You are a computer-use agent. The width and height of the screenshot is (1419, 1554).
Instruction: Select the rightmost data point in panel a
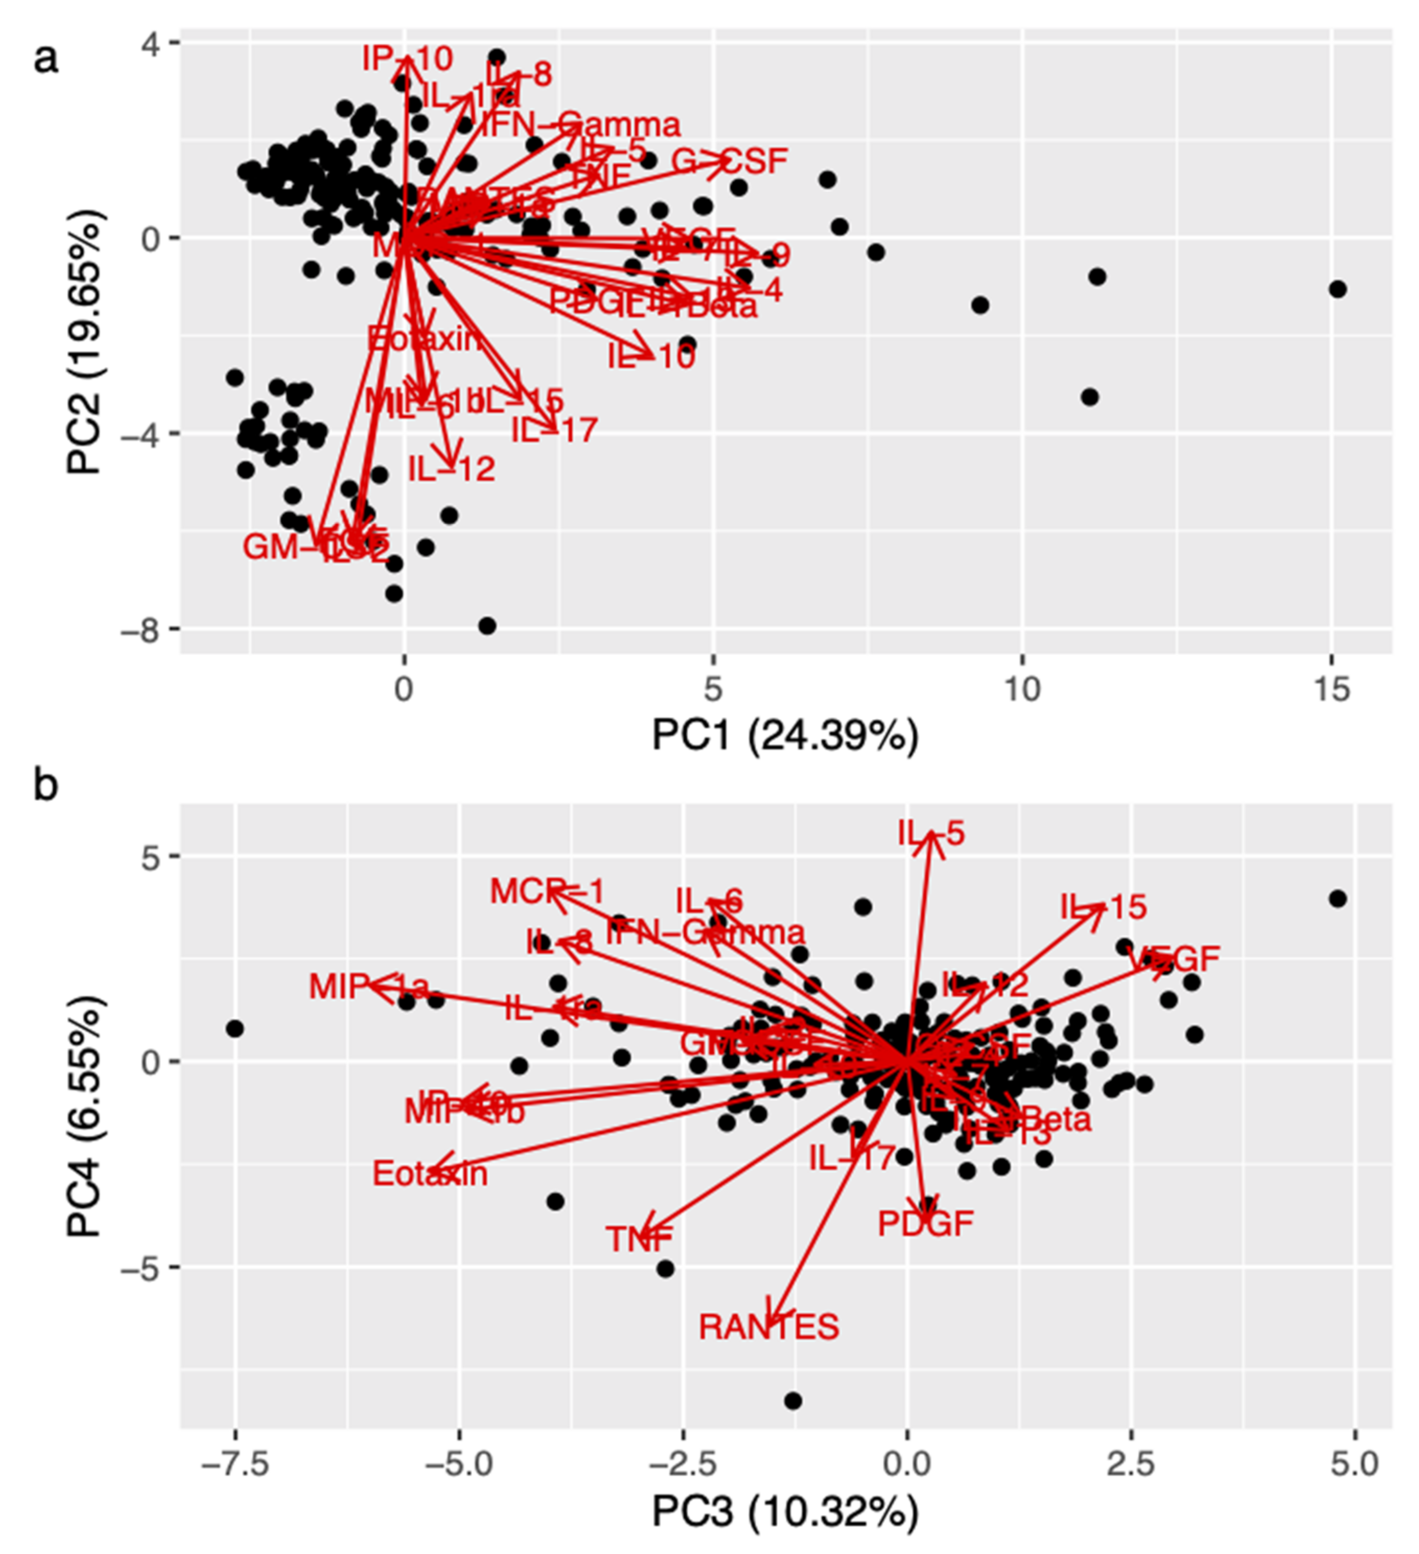click(x=1338, y=289)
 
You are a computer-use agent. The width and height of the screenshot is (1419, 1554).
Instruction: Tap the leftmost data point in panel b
click(x=235, y=1028)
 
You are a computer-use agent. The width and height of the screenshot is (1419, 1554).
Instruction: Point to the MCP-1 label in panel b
click(x=548, y=893)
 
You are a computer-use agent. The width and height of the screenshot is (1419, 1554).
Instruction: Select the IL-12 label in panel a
click(x=451, y=468)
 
